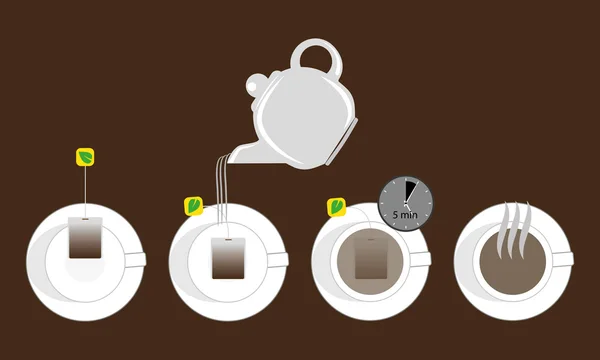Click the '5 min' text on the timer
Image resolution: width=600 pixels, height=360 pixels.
point(406,214)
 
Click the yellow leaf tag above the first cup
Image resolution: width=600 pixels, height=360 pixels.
point(86,157)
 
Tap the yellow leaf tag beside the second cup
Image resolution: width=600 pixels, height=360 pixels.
point(194,206)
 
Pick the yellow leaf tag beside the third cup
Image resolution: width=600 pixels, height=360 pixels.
point(337,207)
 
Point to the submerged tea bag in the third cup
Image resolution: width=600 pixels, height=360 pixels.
point(371,259)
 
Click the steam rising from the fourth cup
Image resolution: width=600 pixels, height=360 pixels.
point(514,226)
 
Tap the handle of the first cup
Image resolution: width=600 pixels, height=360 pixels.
point(136,259)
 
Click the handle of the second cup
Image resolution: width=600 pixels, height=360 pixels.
point(279,260)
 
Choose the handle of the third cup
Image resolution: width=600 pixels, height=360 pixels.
point(422,259)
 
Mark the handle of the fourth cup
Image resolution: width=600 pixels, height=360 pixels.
point(565,259)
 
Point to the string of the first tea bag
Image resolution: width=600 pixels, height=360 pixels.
point(86,190)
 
